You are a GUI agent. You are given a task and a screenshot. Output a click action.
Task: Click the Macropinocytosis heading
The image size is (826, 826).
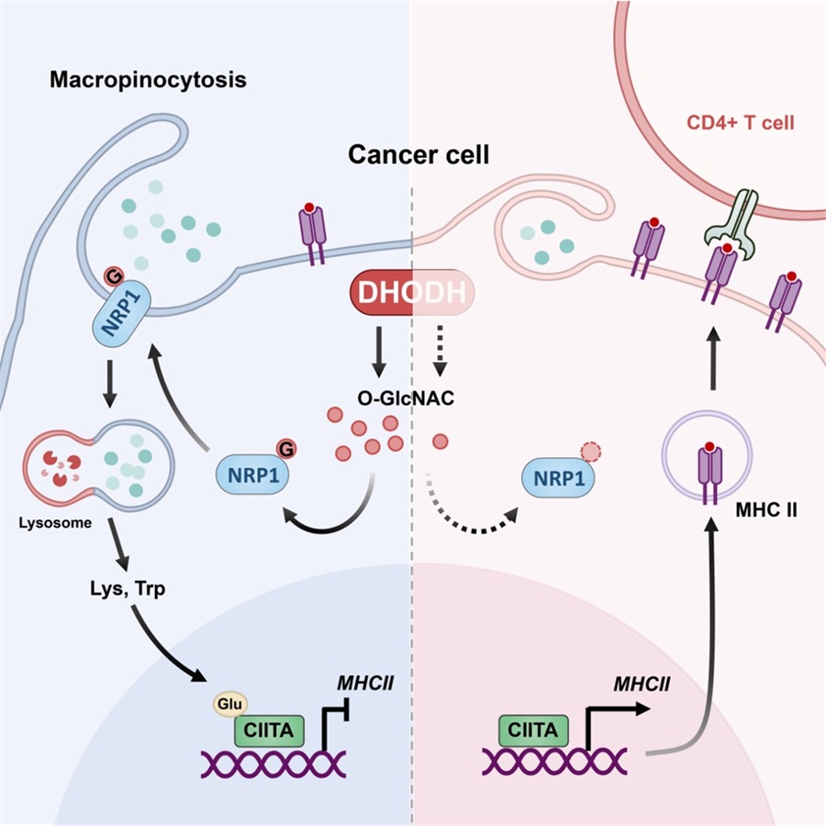click(x=148, y=80)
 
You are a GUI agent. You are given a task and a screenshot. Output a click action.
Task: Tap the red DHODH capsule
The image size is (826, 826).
click(x=412, y=293)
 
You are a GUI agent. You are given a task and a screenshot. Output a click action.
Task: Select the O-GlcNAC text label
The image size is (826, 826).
click(x=406, y=397)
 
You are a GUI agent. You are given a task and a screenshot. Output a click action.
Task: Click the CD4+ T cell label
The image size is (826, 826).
click(x=740, y=123)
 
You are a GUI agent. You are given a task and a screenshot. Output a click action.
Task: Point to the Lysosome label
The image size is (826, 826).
click(x=55, y=522)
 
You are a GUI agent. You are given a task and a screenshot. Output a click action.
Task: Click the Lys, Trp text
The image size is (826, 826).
click(x=128, y=588)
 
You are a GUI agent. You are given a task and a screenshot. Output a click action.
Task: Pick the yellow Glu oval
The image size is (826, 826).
click(x=230, y=704)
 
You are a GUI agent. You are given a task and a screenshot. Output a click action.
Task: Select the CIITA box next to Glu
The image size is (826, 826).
click(x=269, y=731)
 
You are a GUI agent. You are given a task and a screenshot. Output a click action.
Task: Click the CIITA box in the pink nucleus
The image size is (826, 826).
click(x=533, y=731)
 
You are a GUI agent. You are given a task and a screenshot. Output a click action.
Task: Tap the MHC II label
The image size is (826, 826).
click(x=766, y=510)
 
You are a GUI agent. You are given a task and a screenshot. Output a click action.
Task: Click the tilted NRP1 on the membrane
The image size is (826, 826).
click(x=122, y=313)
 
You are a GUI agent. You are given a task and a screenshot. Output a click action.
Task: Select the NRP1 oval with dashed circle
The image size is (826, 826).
click(x=558, y=478)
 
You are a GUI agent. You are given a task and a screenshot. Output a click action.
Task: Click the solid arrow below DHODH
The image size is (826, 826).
click(x=378, y=352)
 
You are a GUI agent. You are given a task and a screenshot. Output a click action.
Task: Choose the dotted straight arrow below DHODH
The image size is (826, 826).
click(x=440, y=352)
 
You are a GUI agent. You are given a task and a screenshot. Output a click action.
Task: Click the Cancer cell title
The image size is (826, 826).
click(x=419, y=155)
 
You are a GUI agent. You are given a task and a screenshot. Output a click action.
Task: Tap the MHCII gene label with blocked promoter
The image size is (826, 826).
click(x=365, y=683)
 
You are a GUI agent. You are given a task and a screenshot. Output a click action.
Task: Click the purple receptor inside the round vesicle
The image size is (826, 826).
click(x=709, y=472)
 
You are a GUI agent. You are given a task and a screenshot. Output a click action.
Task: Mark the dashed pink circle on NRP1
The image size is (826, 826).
click(x=590, y=452)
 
